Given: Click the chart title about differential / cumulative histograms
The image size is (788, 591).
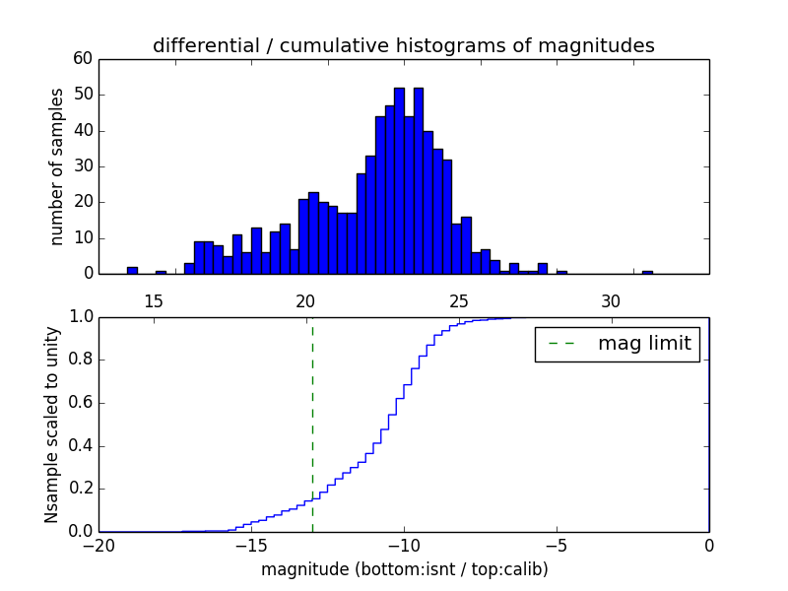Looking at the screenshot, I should tap(403, 45).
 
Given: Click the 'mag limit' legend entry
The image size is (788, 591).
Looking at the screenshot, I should tap(618, 344).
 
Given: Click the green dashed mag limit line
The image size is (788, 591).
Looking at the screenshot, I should tap(312, 424).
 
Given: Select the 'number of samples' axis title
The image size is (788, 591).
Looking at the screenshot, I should tap(57, 165).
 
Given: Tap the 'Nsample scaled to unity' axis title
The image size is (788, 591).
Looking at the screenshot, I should tap(51, 424).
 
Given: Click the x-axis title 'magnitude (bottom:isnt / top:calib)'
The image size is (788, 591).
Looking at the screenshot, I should tap(404, 569).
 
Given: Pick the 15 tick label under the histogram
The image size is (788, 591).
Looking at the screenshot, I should tap(154, 300).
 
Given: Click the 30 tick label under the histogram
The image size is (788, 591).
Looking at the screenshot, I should tap(611, 300).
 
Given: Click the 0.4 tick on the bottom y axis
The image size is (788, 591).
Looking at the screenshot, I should tap(81, 446).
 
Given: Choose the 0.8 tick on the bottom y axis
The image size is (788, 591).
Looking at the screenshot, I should tap(81, 361).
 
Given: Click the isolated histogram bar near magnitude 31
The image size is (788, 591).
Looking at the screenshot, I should tap(647, 272).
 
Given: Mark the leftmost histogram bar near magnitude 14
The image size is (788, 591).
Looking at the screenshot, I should tap(132, 270).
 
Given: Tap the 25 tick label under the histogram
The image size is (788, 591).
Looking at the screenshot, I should tap(458, 300).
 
